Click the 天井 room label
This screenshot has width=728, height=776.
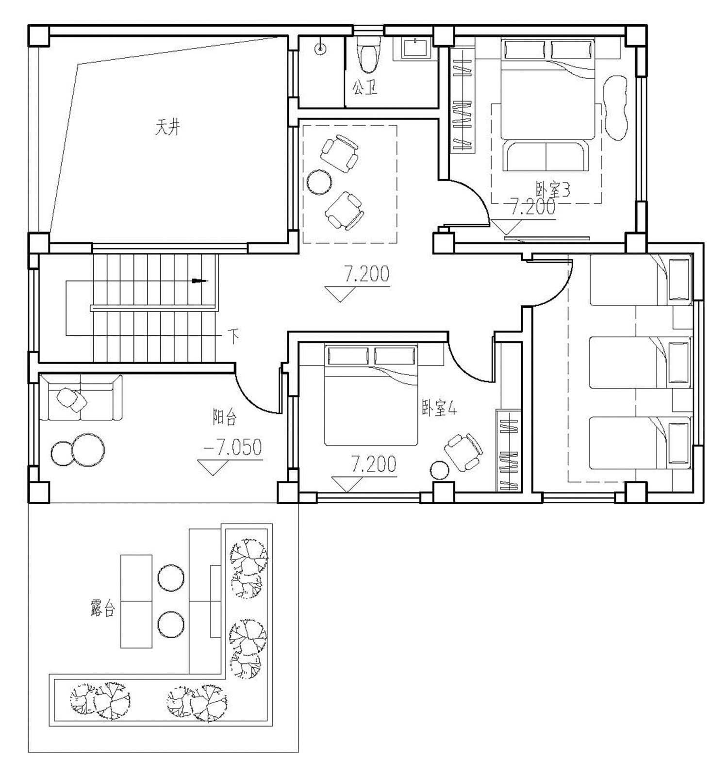click(167, 128)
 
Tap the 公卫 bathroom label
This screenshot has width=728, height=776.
click(364, 88)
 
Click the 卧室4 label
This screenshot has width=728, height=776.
click(439, 410)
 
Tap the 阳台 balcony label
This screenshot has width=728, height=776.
click(225, 417)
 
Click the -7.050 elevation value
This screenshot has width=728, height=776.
click(233, 447)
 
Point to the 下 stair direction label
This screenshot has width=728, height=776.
click(234, 336)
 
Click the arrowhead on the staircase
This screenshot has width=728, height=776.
click(199, 281)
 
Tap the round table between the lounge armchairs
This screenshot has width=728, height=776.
click(319, 182)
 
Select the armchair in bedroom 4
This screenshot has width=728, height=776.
click(464, 452)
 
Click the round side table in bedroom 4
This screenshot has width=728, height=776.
click(440, 470)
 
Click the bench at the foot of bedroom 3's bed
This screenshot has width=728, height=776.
click(546, 155)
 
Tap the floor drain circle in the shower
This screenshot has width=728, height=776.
click(320, 48)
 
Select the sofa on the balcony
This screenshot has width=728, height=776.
click(81, 397)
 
